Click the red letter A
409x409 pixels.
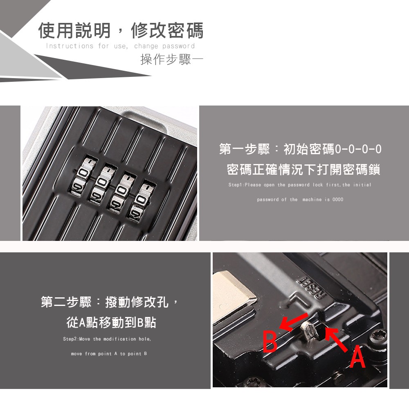[357, 356]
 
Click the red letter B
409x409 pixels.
[270, 342]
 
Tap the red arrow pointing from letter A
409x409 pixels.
[337, 339]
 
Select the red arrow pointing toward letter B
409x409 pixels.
[293, 321]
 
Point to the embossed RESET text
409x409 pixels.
[312, 287]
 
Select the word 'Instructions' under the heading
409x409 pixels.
[70, 46]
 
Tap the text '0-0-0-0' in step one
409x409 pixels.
[358, 149]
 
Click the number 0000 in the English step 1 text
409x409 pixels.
[338, 200]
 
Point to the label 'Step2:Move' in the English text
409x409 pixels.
[76, 339]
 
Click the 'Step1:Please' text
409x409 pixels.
[245, 185]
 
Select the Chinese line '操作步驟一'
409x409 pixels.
[172, 59]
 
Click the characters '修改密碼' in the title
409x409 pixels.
[167, 31]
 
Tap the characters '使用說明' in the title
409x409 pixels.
[74, 31]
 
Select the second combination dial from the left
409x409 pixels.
[102, 184]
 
